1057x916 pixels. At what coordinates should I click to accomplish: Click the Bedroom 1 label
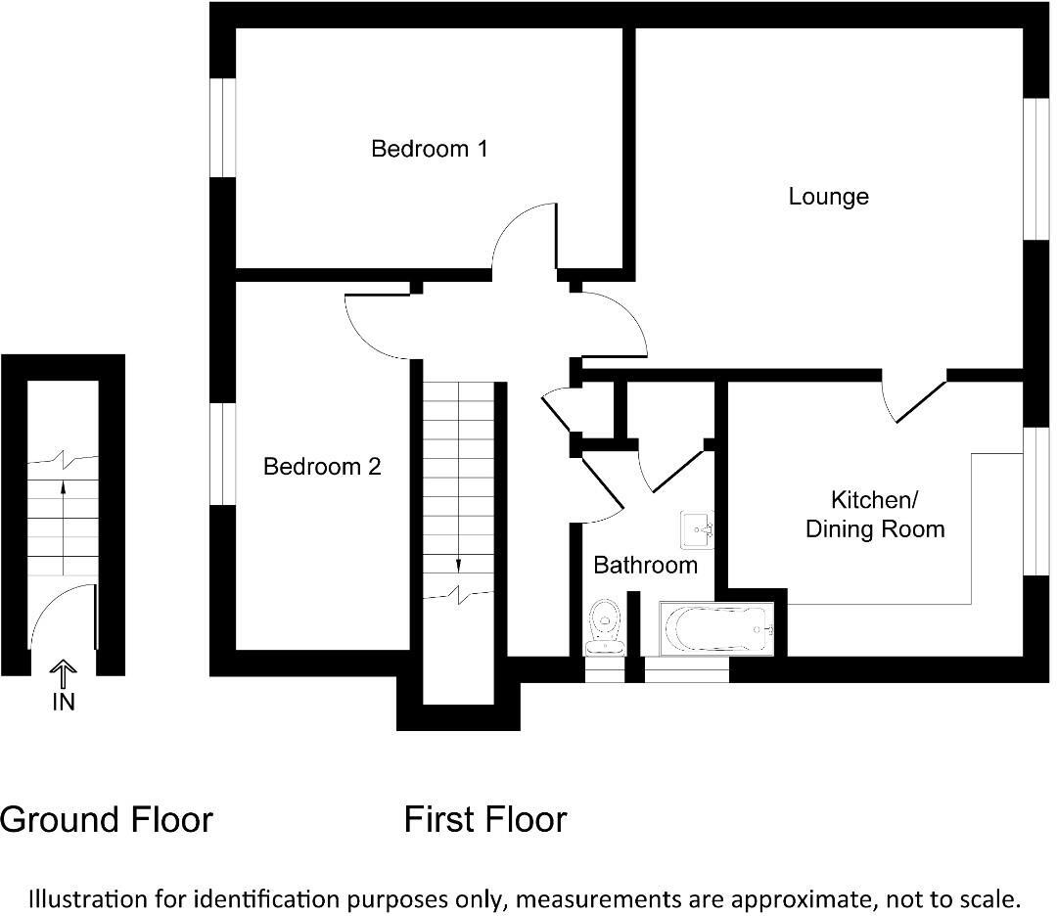tap(429, 150)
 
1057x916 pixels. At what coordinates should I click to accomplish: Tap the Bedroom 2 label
tap(321, 467)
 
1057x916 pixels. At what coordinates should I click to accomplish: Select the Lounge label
tap(828, 197)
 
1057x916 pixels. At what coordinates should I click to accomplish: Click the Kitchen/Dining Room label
tap(874, 515)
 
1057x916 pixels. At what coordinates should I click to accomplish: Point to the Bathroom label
tap(645, 565)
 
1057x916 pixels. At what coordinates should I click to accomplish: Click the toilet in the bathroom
tap(605, 627)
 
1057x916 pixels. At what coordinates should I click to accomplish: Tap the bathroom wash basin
tap(698, 529)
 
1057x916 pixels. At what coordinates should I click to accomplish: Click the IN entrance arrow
tap(63, 674)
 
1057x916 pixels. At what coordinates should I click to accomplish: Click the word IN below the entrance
tap(63, 702)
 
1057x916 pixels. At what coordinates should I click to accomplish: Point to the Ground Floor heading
tap(106, 819)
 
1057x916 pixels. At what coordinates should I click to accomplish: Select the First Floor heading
tap(484, 819)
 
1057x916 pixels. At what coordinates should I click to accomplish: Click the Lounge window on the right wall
tap(1035, 167)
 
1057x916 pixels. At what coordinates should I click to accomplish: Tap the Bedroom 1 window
tap(223, 127)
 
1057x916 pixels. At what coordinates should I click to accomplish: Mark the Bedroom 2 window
tap(223, 454)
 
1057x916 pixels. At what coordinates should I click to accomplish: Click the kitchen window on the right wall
tap(1035, 500)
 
